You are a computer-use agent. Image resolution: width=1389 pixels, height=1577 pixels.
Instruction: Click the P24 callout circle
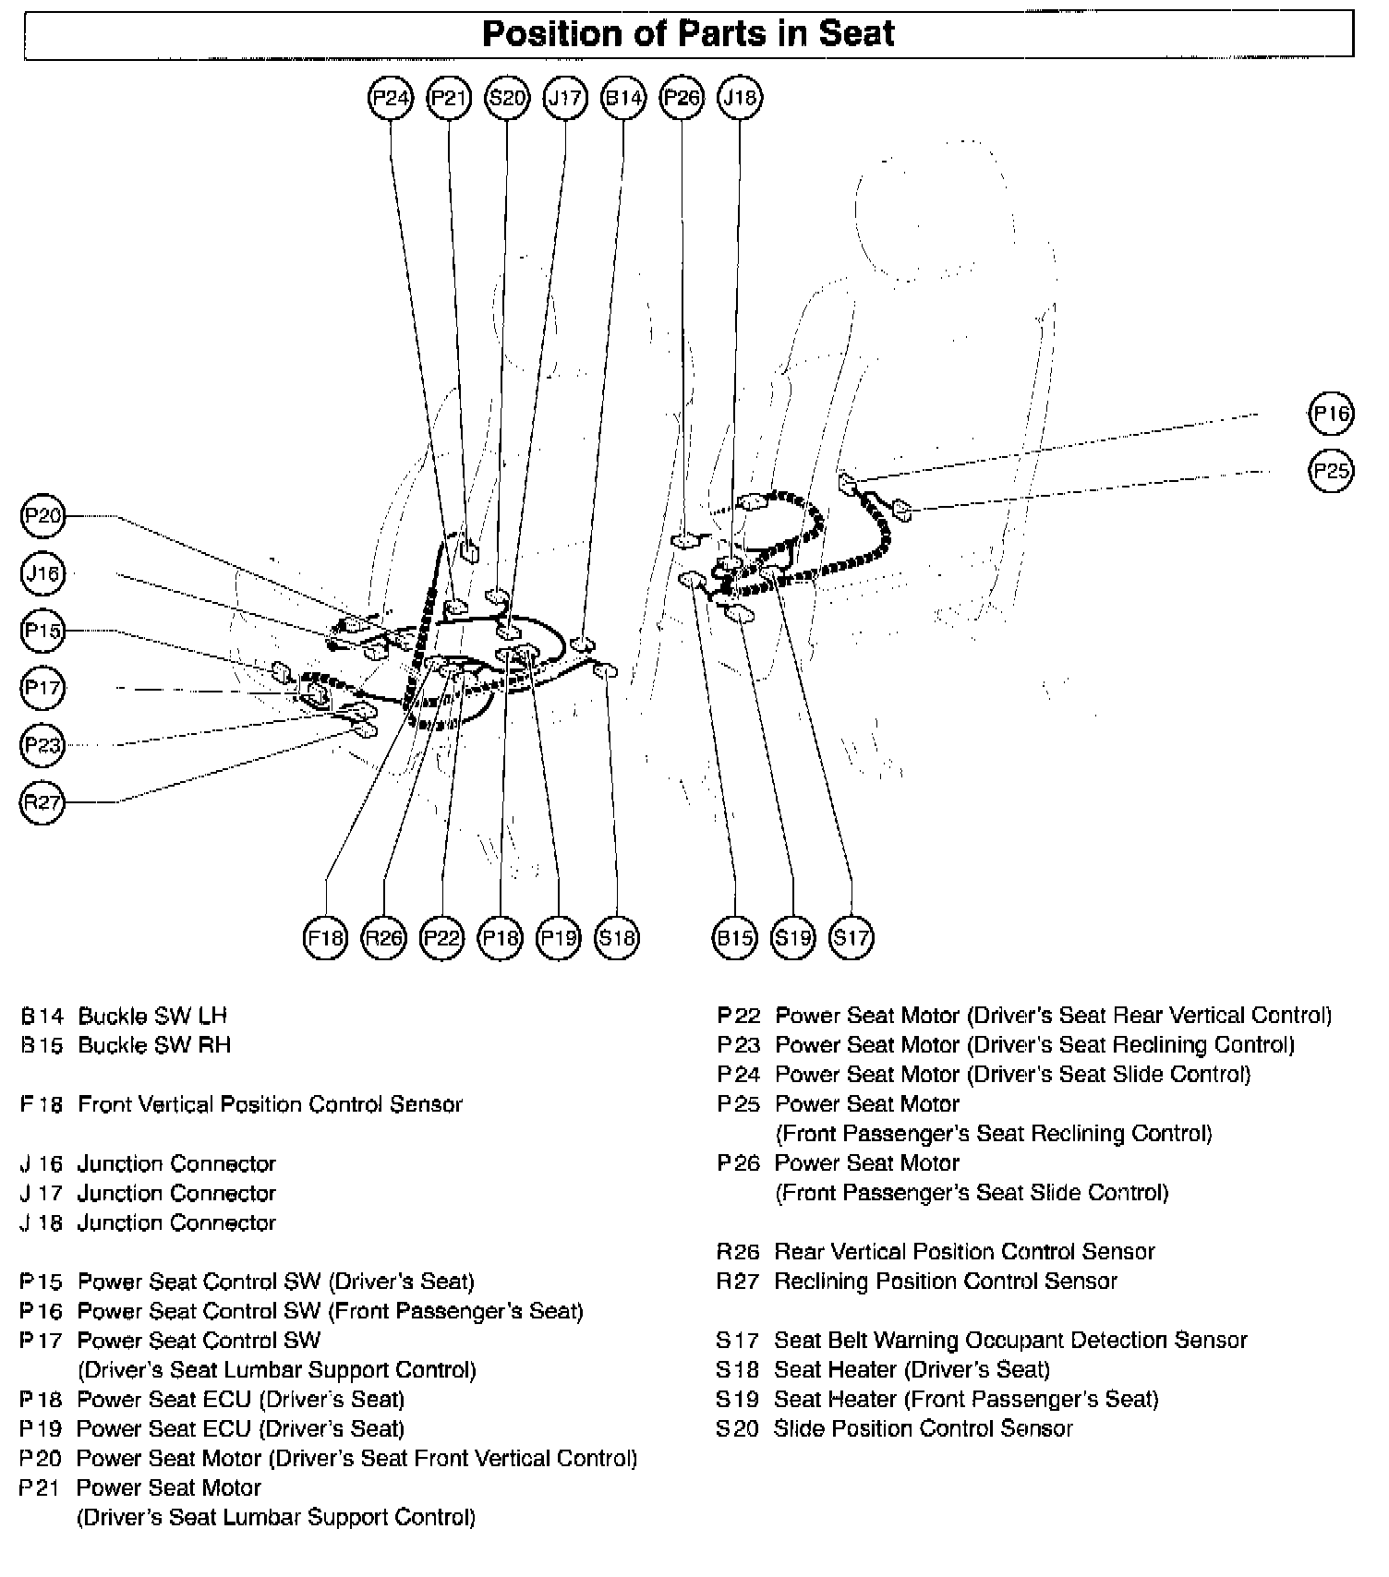[391, 97]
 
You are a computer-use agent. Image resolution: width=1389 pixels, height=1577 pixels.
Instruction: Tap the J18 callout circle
[740, 97]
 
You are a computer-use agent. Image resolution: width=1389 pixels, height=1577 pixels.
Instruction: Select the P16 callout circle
[1331, 414]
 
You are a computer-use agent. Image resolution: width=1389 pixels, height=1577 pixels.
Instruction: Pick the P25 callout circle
[1331, 471]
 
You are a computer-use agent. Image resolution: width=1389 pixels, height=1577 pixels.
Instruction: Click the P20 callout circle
[42, 516]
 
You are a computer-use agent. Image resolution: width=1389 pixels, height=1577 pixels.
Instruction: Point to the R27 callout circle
[42, 802]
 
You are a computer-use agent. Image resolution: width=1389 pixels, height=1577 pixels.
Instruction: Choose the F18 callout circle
[325, 938]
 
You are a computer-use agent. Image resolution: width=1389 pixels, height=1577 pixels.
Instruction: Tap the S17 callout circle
[851, 938]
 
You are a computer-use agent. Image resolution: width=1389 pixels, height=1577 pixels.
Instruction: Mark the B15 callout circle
[735, 938]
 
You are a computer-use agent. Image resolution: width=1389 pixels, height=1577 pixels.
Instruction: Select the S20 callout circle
[507, 97]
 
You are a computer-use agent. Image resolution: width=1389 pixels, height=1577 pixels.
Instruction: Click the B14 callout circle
[623, 97]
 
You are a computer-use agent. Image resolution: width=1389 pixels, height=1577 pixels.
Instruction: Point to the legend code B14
[42, 1017]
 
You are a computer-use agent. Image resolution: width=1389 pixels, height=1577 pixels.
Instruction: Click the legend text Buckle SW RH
[154, 1045]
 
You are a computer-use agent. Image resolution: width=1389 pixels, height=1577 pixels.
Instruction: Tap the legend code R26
[738, 1252]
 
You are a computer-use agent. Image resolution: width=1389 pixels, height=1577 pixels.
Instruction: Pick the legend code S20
[738, 1429]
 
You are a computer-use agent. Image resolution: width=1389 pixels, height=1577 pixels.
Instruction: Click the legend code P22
[739, 1017]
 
